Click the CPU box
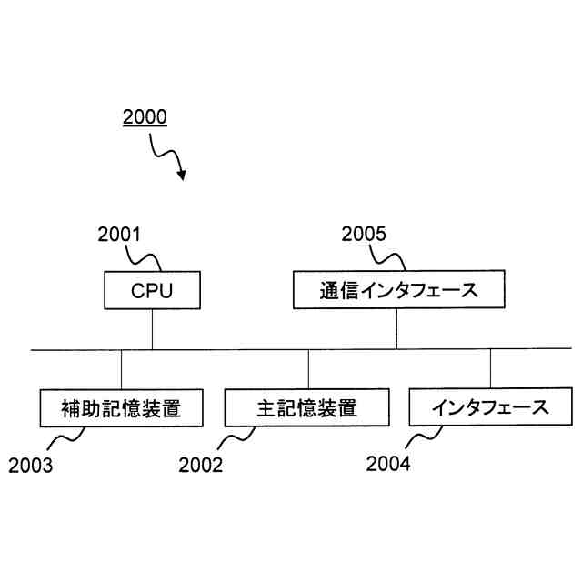coord(152,291)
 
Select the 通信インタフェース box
coord(397,291)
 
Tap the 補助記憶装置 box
coord(121,408)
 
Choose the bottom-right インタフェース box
coord(491,407)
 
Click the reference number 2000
coord(145,117)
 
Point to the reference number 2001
coord(119,234)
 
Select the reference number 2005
coord(364,234)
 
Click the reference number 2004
coord(388,464)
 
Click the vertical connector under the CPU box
coord(152,329)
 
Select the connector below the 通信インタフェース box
coord(397,329)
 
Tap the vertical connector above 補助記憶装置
coord(121,369)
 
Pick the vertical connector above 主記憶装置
coord(308,369)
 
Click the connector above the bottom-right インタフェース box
coord(491,369)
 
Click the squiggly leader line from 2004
coord(421,439)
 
